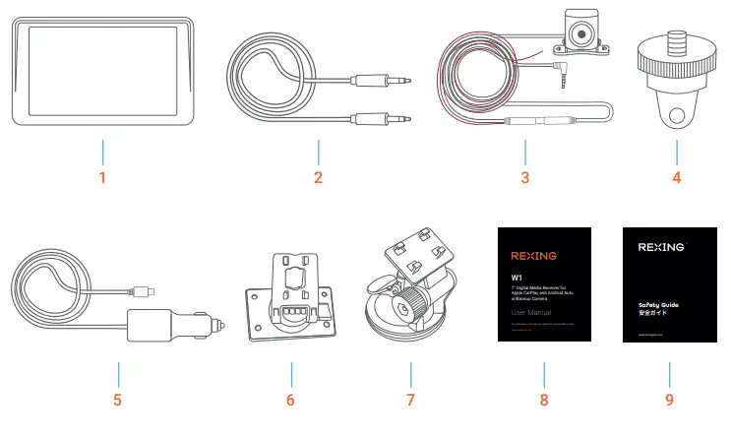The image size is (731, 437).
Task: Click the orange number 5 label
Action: coord(117,401)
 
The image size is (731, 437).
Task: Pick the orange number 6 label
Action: coord(291,401)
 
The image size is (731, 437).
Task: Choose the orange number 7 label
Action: coord(410,401)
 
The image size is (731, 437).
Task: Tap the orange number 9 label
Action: coord(669,401)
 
